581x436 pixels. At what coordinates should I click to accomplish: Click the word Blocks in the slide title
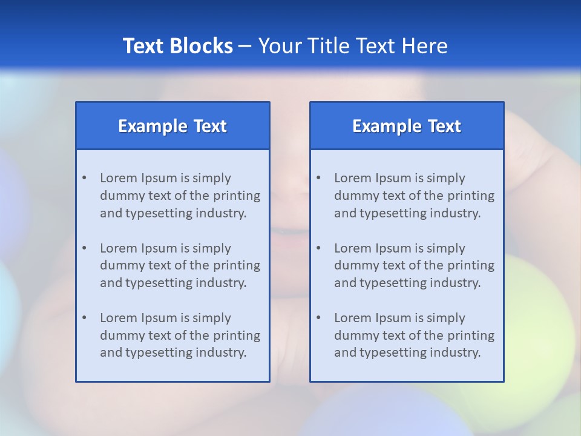click(x=202, y=46)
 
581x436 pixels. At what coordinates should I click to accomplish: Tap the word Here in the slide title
click(x=424, y=46)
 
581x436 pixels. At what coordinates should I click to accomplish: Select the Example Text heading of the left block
click(x=172, y=126)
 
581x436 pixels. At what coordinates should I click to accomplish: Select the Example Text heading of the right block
click(x=407, y=126)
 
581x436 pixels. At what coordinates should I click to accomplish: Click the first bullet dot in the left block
click(x=84, y=178)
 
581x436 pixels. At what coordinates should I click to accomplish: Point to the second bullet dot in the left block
click(x=84, y=248)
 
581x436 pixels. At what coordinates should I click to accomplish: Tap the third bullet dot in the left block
click(x=84, y=318)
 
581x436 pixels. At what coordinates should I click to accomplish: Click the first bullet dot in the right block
click(x=318, y=178)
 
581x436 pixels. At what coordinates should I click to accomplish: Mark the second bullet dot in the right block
click(x=318, y=248)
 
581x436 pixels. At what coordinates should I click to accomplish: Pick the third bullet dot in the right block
click(x=318, y=318)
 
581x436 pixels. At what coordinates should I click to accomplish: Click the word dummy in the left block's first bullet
click(x=120, y=196)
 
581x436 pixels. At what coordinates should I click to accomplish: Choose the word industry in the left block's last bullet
click(x=222, y=352)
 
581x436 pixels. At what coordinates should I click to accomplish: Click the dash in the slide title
click(x=246, y=46)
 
